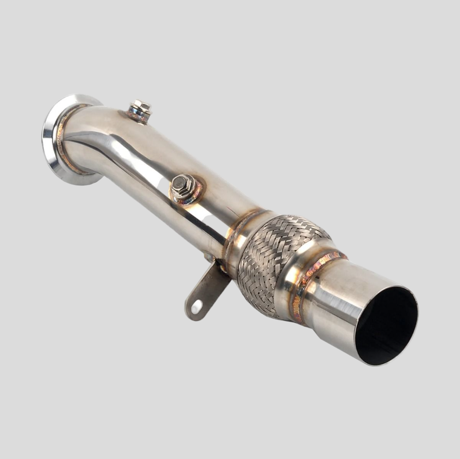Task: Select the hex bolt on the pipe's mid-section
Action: (x=183, y=185)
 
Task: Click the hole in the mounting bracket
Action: (x=197, y=306)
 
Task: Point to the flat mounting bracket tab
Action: (x=206, y=290)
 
